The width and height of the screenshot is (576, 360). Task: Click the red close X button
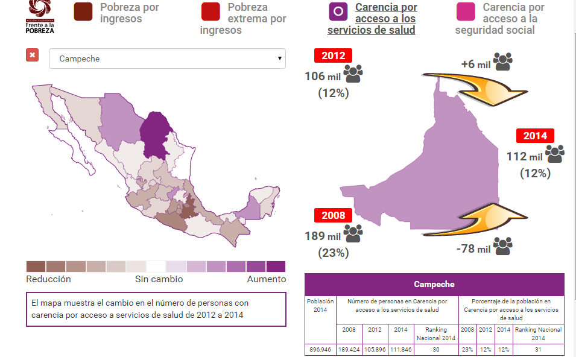[33, 55]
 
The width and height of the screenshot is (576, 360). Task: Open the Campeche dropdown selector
[167, 59]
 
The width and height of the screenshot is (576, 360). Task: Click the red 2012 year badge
[333, 56]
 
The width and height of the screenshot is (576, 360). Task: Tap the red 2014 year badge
[534, 136]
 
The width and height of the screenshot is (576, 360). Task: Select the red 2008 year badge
[333, 215]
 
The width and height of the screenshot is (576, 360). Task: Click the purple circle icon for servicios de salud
[338, 12]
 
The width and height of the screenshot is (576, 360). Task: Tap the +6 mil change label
[476, 64]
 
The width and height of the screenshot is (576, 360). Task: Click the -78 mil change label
[473, 248]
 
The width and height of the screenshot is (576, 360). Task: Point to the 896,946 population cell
[320, 349]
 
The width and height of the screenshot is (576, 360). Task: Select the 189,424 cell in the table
[349, 349]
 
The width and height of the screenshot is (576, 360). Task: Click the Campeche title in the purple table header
[434, 284]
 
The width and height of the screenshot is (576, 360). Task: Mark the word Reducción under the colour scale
[48, 279]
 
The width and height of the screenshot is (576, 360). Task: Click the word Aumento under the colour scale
[266, 279]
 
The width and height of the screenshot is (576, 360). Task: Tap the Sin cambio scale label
[159, 279]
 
